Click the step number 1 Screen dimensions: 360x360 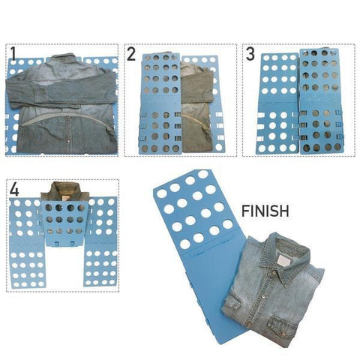(13, 54)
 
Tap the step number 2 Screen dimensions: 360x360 (131, 54)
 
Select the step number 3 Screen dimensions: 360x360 (250, 54)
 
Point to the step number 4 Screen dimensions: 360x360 (14, 190)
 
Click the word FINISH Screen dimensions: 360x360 (265, 211)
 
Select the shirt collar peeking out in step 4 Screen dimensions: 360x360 (66, 191)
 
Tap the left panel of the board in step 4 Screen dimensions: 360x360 (26, 242)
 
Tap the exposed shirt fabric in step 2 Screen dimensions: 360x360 (196, 107)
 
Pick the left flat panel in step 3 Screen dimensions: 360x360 (278, 103)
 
